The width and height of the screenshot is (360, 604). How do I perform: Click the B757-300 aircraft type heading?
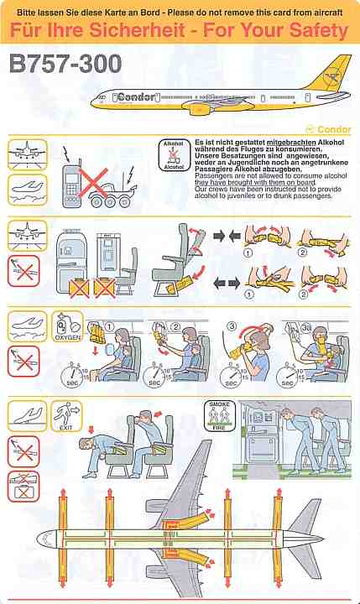[66, 64]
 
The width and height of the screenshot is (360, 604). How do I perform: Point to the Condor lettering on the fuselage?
[133, 96]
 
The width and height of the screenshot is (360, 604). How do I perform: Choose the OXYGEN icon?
[66, 327]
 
